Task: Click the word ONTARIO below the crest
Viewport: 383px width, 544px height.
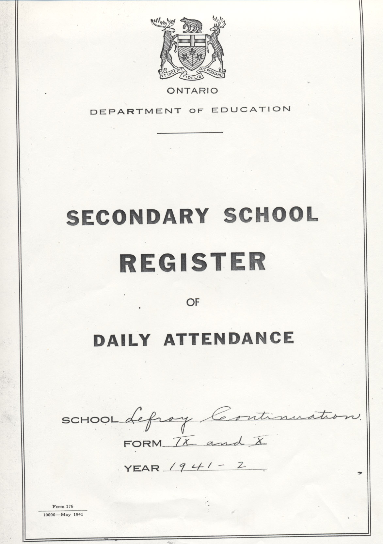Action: pyautogui.click(x=192, y=91)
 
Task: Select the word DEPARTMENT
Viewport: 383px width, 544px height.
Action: pyautogui.click(x=136, y=111)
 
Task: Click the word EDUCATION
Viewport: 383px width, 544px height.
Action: pyautogui.click(x=251, y=109)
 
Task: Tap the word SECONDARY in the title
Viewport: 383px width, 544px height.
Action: pyautogui.click(x=137, y=217)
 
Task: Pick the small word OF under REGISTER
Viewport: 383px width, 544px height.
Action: pyautogui.click(x=193, y=303)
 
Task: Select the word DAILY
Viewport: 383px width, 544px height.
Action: pyautogui.click(x=122, y=340)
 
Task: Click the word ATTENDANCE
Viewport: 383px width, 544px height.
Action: pyautogui.click(x=229, y=338)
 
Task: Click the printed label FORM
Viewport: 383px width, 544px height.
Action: pyautogui.click(x=143, y=444)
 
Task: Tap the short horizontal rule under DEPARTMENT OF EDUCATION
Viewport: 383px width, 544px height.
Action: pyautogui.click(x=190, y=132)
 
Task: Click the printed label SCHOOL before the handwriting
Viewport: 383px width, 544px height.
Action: pyautogui.click(x=90, y=420)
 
